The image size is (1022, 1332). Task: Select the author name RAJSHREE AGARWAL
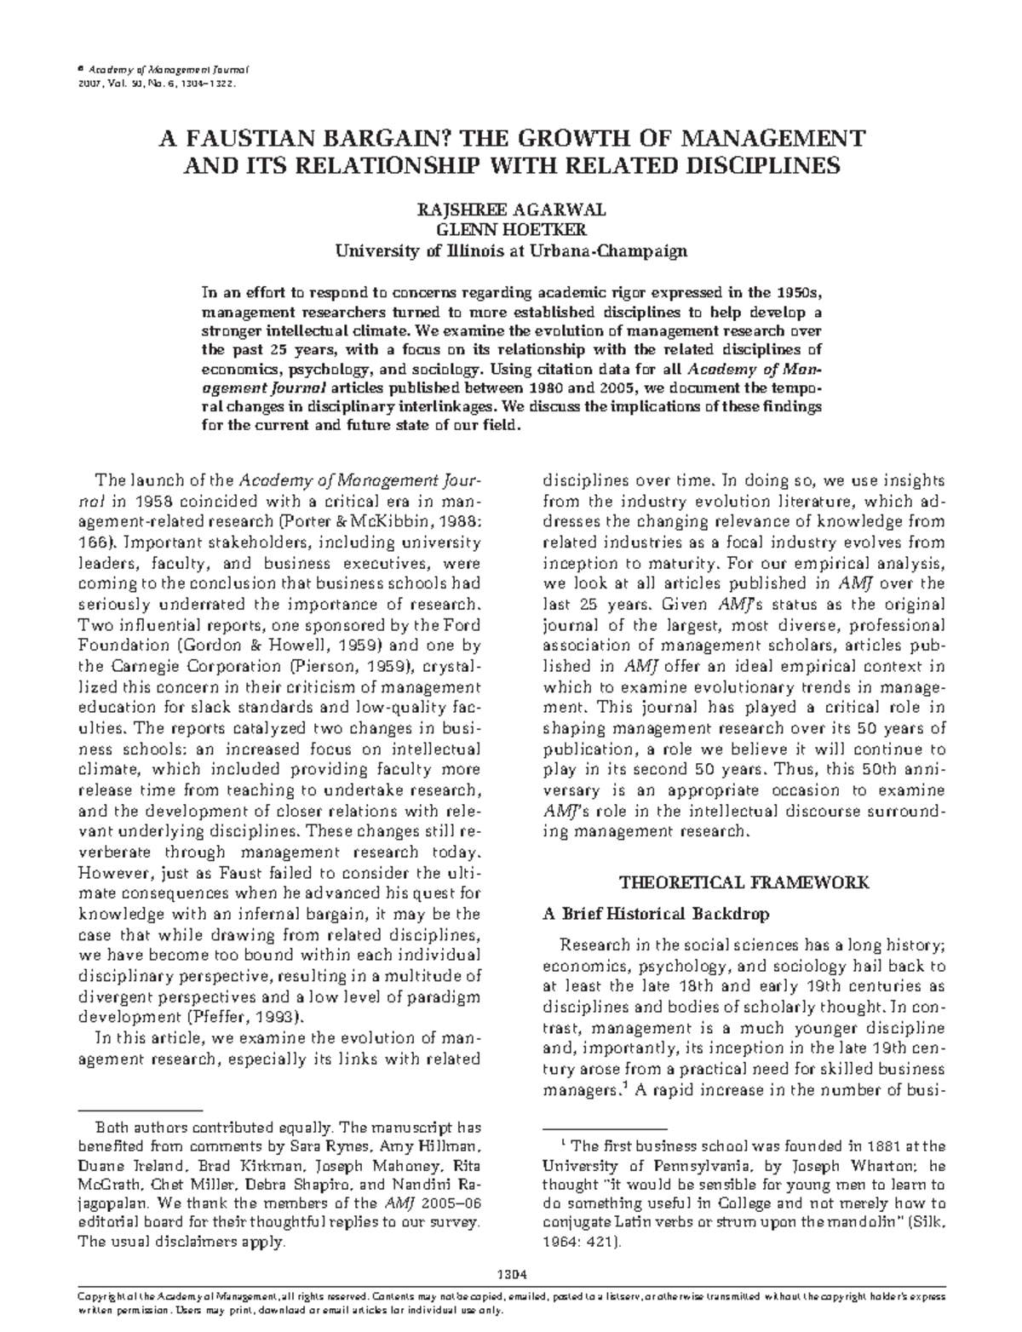510,210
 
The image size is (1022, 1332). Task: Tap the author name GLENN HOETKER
510,230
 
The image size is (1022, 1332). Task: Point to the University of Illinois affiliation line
510,250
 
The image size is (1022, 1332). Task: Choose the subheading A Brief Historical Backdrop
656,914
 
